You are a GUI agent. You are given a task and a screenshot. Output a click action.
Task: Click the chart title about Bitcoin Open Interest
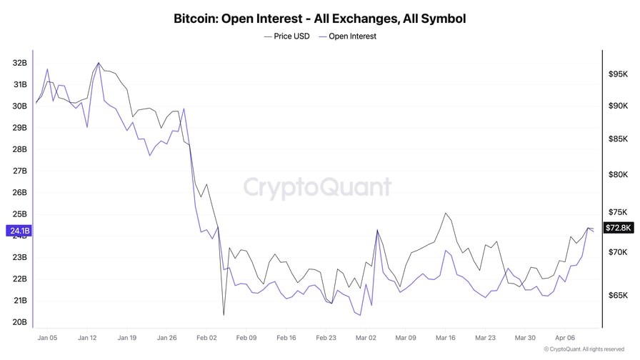[x=319, y=19]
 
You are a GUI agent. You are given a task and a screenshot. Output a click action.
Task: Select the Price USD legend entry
[x=286, y=36]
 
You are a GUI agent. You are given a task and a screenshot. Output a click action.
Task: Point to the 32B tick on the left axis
[x=19, y=63]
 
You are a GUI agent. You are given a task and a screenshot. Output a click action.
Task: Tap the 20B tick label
[x=19, y=322]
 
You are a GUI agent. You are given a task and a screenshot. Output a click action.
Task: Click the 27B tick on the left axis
[x=19, y=171]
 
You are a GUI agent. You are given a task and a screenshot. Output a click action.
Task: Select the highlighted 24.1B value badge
[x=19, y=231]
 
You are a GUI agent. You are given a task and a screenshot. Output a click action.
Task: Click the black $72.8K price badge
[x=618, y=228]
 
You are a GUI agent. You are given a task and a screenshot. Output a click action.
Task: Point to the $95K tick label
[x=618, y=74]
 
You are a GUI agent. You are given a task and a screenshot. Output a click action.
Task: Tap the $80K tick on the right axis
[x=618, y=174]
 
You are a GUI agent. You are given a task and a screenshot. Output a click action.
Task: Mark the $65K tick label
[x=618, y=295]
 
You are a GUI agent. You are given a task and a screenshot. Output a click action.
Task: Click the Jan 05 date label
[x=47, y=337]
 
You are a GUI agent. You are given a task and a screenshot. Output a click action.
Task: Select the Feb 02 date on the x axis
[x=206, y=337]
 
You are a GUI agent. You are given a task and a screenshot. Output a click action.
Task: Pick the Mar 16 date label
[x=446, y=337]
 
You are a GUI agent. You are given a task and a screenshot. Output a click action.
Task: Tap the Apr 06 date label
[x=565, y=337]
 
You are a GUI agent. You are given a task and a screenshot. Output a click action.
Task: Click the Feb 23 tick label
[x=326, y=337]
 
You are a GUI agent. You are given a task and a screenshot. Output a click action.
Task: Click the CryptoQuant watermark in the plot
[x=318, y=187]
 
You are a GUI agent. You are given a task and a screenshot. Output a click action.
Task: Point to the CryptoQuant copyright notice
[x=583, y=349]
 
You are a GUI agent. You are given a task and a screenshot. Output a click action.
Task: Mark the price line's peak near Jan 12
[x=99, y=63]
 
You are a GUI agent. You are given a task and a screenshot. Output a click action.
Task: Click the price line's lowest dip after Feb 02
[x=224, y=315]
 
